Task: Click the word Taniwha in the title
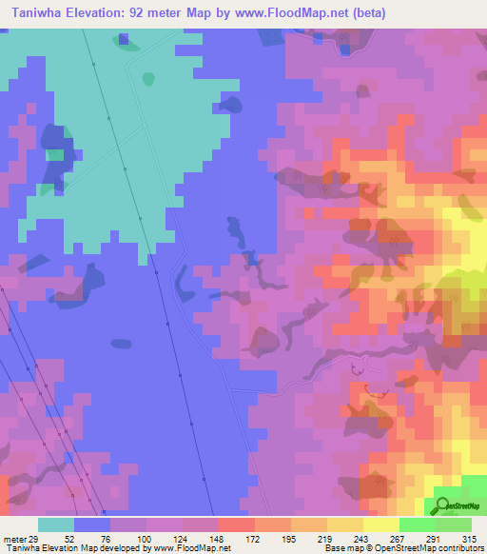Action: pos(39,13)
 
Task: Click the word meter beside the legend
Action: pos(13,539)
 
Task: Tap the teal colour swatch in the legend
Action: pos(56,524)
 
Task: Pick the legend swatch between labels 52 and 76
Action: pos(92,524)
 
